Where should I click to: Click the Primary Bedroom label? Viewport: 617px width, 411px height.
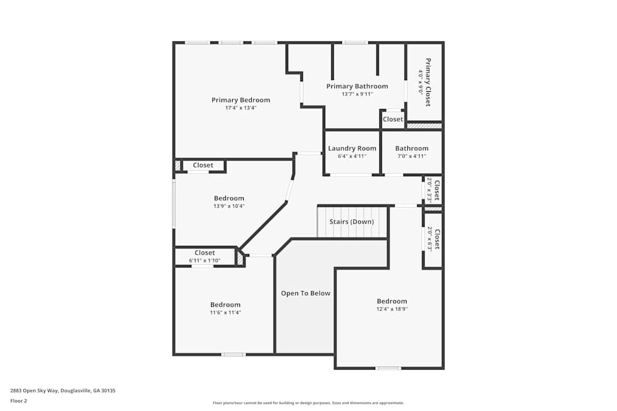pos(241,100)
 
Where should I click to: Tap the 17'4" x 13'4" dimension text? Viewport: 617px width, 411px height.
pos(241,108)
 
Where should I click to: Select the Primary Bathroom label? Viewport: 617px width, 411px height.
pos(357,86)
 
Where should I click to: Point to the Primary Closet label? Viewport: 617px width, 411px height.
pos(428,82)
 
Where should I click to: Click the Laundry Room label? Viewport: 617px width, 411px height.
pos(352,149)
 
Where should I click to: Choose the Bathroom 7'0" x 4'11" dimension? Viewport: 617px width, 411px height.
pos(412,156)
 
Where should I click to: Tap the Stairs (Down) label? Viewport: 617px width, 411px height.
pos(351,222)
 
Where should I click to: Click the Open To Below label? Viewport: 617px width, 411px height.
pos(305,293)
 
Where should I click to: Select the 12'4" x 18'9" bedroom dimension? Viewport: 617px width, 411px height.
pos(392,309)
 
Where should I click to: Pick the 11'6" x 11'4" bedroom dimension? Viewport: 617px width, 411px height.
pos(225,312)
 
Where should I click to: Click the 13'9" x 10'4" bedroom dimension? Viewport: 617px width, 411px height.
pos(229,206)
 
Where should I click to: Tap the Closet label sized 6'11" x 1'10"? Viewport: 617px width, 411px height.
pos(205,253)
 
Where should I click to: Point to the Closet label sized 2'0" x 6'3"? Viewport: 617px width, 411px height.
pos(437,239)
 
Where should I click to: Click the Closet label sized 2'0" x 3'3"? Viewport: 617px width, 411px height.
pos(437,190)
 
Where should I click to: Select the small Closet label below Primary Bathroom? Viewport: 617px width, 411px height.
pos(393,119)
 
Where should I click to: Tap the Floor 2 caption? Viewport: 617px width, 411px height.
pos(19,401)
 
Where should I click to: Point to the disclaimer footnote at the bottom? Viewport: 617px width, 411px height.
pos(308,402)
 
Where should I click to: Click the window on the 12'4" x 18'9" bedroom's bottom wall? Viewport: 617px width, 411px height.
pos(388,368)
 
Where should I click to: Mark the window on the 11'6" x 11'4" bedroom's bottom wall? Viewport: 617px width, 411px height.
pos(233,354)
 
